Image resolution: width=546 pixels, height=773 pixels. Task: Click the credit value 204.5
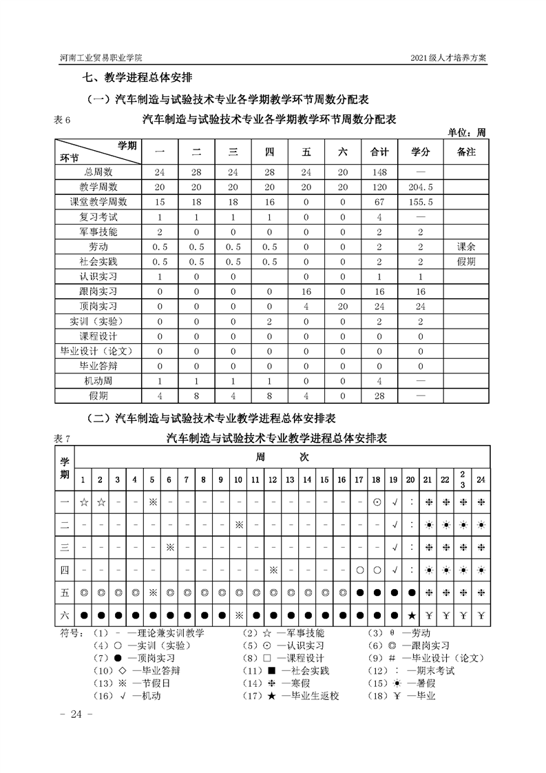click(x=420, y=187)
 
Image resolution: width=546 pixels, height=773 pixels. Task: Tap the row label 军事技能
click(x=98, y=231)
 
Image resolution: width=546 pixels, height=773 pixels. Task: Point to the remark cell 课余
click(x=466, y=246)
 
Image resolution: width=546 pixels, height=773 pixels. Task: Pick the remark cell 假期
click(x=466, y=261)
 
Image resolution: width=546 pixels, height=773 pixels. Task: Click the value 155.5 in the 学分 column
click(x=420, y=202)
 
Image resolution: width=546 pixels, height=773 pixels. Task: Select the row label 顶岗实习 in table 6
click(x=98, y=306)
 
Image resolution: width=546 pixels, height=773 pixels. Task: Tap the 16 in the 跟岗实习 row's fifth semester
click(x=306, y=291)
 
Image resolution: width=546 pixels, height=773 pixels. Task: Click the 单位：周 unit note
click(x=466, y=132)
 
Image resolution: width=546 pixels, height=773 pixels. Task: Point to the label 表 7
click(x=62, y=439)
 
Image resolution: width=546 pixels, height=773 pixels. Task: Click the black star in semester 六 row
click(x=411, y=615)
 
